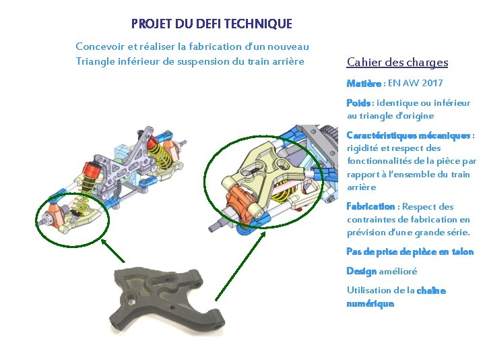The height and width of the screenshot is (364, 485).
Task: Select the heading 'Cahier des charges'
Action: tap(397, 63)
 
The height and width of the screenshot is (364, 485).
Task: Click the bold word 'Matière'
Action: tap(364, 84)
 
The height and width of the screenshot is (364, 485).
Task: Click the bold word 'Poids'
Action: tap(358, 103)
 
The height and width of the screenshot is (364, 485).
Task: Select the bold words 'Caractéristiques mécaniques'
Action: tap(408, 135)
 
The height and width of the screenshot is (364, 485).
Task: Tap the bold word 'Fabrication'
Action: tap(370, 207)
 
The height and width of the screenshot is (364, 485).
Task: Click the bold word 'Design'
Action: tap(361, 271)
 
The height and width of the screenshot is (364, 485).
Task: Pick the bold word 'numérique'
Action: tap(370, 303)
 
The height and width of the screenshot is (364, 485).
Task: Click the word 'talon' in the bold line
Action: tap(461, 251)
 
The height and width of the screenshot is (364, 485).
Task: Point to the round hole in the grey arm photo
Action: tap(130, 297)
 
